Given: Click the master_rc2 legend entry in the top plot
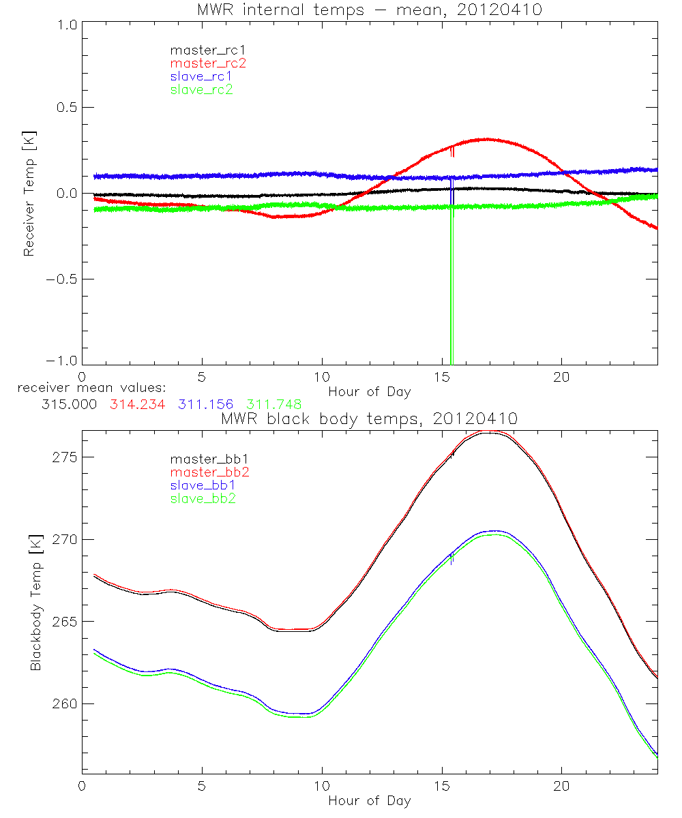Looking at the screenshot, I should pos(208,63).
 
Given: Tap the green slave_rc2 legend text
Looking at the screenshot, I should pos(201,89).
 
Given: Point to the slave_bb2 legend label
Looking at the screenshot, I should pos(204,499).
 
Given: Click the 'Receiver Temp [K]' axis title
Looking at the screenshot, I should pos(29,193).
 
